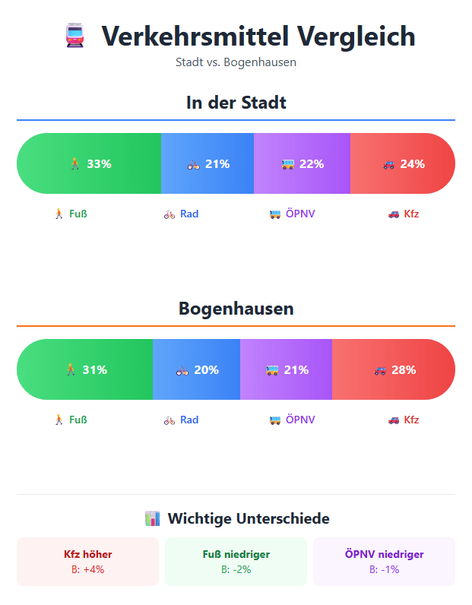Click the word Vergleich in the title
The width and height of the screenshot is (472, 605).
[x=355, y=36]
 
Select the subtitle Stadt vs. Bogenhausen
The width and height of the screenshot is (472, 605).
[x=236, y=62]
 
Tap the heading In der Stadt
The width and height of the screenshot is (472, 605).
[x=236, y=102]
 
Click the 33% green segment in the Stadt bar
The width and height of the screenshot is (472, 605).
[x=89, y=163]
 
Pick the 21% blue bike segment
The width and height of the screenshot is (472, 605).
[x=207, y=163]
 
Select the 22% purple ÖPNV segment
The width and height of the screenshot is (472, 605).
[x=302, y=163]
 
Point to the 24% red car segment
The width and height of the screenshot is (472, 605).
[x=403, y=163]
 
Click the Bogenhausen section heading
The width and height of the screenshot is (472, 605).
[x=236, y=309]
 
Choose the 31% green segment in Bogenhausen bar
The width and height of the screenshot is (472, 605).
[x=85, y=370]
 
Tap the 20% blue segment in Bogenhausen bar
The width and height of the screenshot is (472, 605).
[x=197, y=370]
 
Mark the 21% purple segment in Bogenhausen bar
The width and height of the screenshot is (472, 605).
[x=287, y=370]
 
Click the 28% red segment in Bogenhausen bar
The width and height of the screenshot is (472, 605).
[x=394, y=370]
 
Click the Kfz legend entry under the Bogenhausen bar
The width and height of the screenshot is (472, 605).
[x=404, y=420]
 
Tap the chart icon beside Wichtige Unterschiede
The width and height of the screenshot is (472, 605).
[x=152, y=519]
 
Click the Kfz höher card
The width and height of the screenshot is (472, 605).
[x=88, y=562]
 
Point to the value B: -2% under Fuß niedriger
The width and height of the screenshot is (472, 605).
[x=236, y=569]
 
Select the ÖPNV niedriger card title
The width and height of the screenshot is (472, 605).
[x=384, y=554]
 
